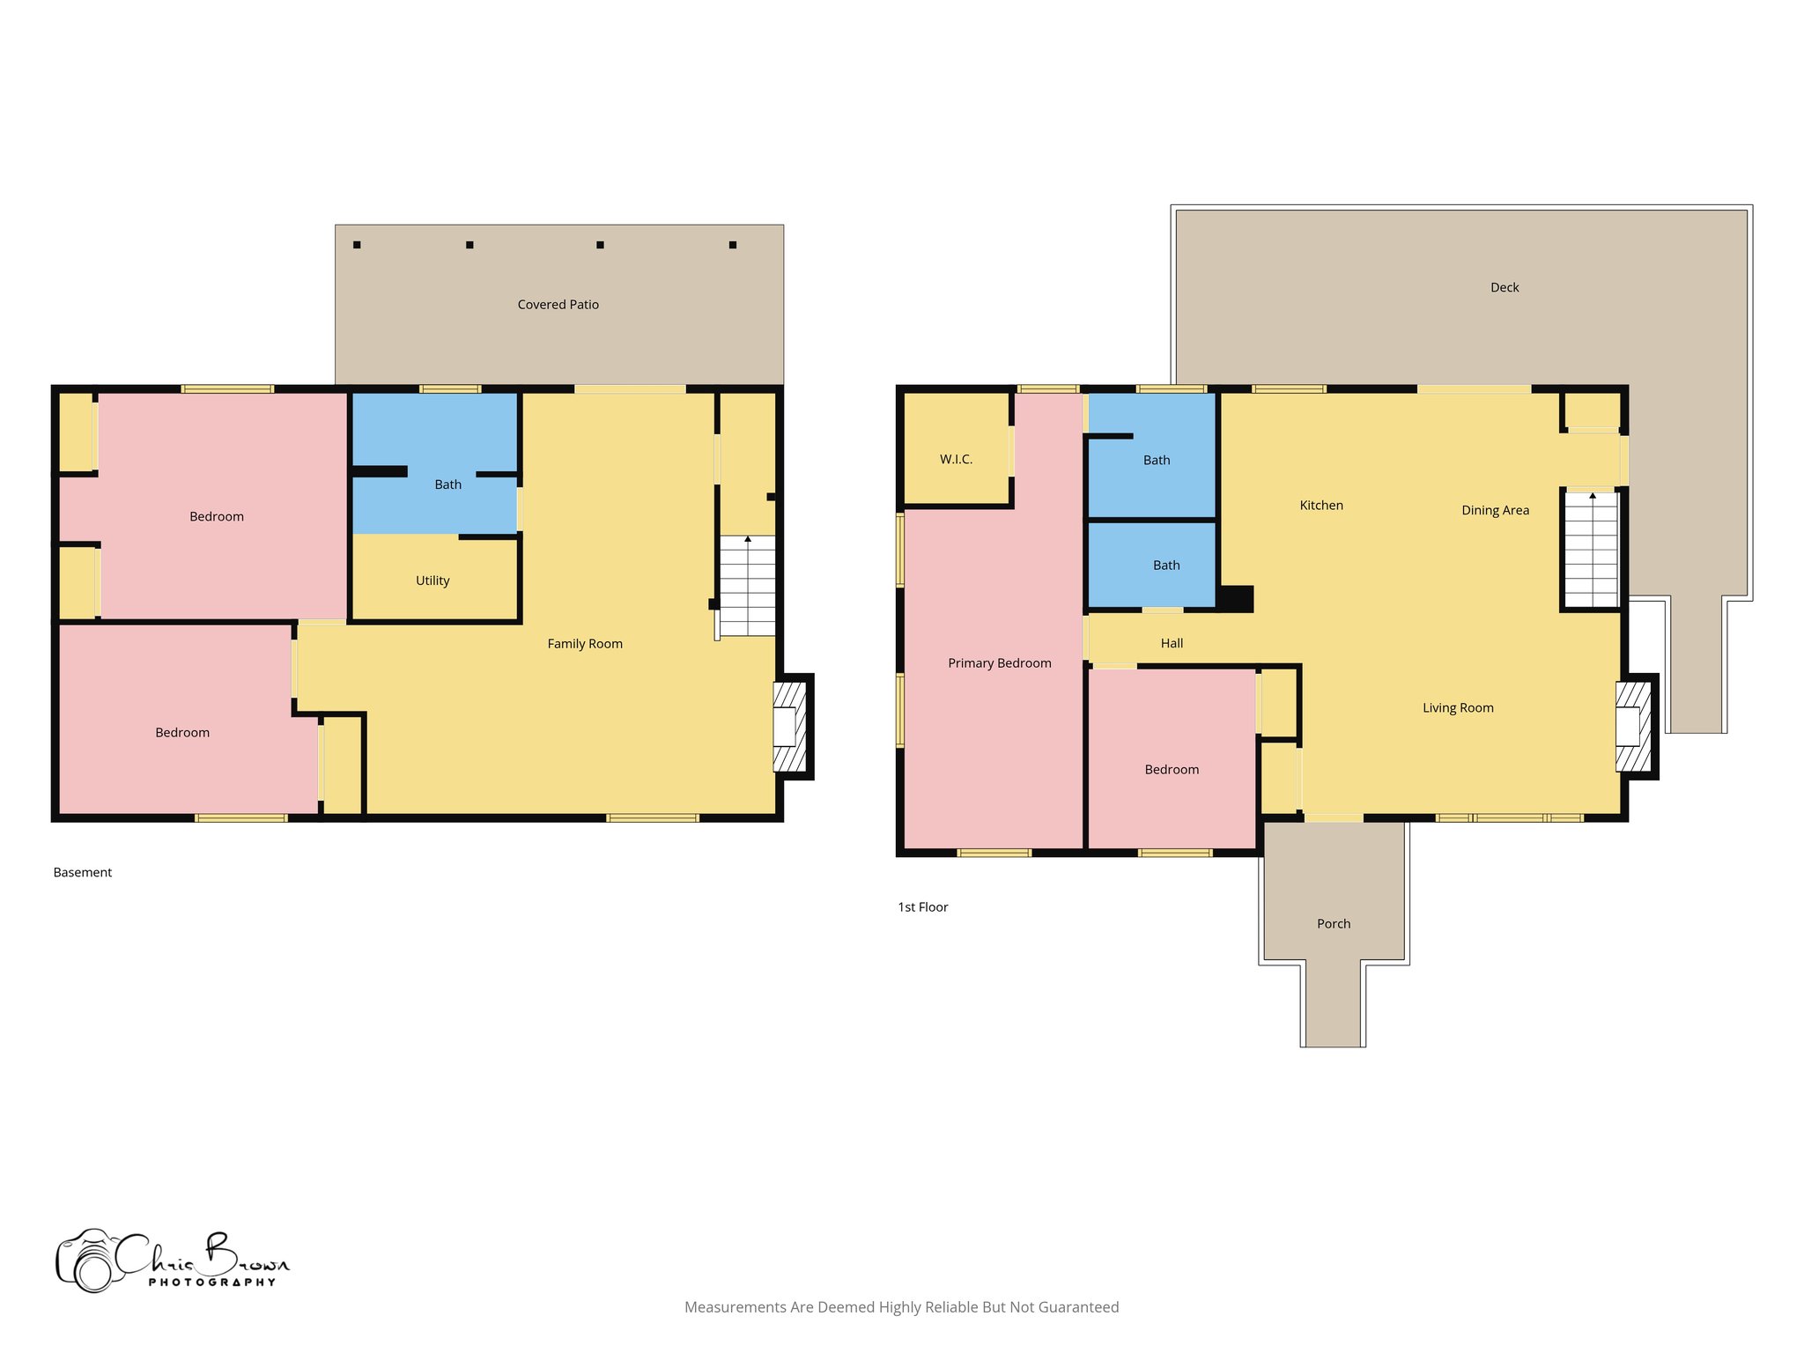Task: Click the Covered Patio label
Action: (558, 305)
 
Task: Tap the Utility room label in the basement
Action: (433, 580)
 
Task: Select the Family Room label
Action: (585, 644)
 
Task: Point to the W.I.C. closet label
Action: (956, 460)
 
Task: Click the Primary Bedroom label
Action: (999, 663)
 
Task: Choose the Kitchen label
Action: (1321, 506)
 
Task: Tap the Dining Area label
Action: (1495, 511)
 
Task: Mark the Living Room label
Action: (1458, 708)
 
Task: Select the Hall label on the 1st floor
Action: (1172, 644)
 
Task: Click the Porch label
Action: (1334, 924)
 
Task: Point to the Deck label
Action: (1505, 288)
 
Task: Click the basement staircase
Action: (748, 586)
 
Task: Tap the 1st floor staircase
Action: (1591, 550)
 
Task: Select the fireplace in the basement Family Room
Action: (789, 727)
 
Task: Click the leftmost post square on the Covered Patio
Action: (357, 245)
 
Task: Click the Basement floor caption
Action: (83, 873)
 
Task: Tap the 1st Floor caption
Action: (922, 907)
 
